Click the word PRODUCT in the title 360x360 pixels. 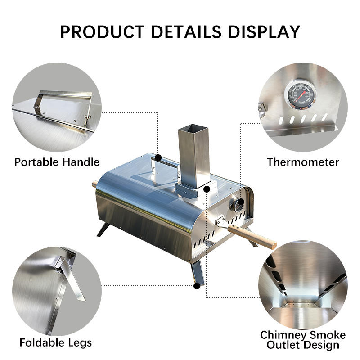(103, 31)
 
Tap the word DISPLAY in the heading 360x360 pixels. (264, 31)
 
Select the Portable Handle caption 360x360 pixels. (57, 162)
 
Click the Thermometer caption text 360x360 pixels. (303, 162)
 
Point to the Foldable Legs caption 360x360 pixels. (55, 343)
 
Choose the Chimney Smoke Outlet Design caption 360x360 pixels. (303, 340)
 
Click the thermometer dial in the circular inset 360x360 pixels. (300, 94)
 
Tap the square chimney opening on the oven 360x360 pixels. (193, 128)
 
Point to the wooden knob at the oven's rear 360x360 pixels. (94, 184)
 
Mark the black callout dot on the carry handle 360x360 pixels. (158, 158)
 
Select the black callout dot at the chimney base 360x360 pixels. (207, 189)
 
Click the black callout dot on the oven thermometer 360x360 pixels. (241, 202)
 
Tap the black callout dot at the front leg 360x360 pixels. (197, 286)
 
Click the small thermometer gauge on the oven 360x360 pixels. (235, 205)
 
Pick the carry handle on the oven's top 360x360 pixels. (164, 163)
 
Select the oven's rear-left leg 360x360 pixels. (103, 229)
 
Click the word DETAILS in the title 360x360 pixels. (186, 31)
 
